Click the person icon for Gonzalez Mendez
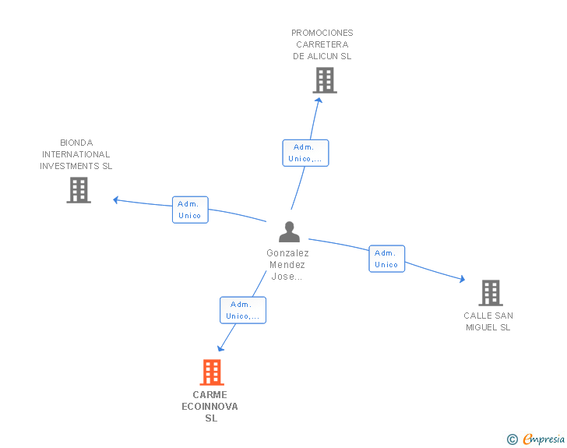289,231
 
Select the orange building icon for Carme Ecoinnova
212,372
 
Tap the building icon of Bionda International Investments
79,190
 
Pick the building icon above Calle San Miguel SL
491,293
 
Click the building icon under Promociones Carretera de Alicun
325,80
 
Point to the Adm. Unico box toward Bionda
190,210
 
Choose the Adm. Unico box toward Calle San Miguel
387,259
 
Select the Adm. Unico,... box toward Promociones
305,153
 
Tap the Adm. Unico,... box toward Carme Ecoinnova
243,310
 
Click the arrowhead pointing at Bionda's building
116,199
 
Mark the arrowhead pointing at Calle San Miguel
462,279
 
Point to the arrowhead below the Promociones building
319,101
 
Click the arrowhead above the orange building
220,348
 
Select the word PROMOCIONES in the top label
322,33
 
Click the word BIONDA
76,143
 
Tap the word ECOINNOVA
210,407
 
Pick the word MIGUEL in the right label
481,327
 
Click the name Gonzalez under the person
288,253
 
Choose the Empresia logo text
544,439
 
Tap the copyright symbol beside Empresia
512,439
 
